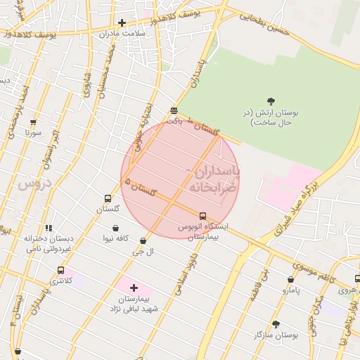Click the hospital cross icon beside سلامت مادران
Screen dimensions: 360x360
[x=122, y=22]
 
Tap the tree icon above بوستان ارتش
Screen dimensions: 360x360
[x=271, y=101]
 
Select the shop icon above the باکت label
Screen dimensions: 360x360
[x=174, y=110]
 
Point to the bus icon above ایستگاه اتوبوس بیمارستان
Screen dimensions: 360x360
[x=203, y=216]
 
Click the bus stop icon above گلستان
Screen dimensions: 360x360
[x=108, y=198]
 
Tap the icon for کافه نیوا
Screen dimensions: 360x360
[x=115, y=229]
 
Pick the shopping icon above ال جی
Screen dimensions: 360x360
[x=143, y=240]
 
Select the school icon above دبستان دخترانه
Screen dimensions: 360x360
[x=49, y=228]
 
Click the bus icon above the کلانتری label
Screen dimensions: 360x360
[x=60, y=270]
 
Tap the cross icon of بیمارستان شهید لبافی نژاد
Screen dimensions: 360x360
[x=134, y=288]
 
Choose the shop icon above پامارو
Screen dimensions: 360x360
[x=291, y=279]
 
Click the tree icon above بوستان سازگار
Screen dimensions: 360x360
[x=276, y=324]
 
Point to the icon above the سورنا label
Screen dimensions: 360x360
[x=33, y=122]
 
